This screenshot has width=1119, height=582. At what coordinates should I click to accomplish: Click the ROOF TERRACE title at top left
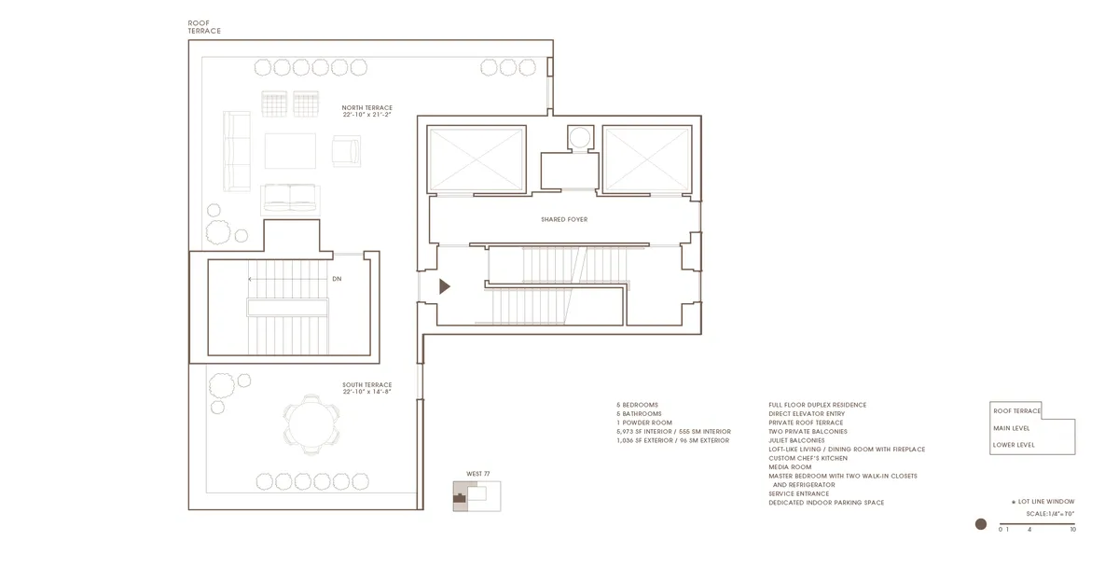(x=204, y=26)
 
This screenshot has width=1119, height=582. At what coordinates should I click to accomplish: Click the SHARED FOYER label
(x=564, y=220)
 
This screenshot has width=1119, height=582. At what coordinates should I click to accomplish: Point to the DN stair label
(x=337, y=279)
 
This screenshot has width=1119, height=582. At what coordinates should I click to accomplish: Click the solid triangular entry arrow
(x=445, y=287)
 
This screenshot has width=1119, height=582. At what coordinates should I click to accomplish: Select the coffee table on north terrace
(x=291, y=151)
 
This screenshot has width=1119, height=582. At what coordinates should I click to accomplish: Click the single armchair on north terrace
(x=346, y=150)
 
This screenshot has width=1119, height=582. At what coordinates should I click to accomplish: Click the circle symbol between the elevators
(x=579, y=138)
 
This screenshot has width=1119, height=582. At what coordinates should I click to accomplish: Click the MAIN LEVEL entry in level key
(x=1014, y=428)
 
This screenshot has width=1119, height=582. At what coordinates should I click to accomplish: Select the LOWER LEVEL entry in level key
(x=1015, y=445)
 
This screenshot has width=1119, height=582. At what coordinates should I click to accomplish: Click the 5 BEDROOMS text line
(x=637, y=405)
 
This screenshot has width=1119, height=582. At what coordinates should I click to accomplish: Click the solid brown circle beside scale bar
(x=980, y=525)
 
